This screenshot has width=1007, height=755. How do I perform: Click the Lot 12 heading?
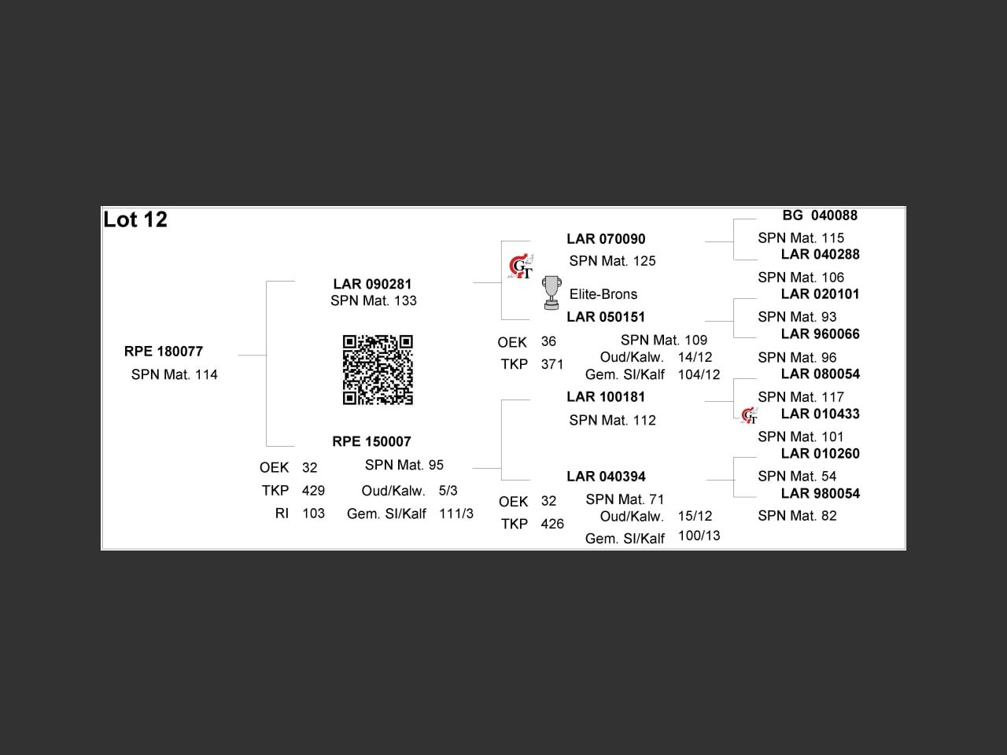point(135,219)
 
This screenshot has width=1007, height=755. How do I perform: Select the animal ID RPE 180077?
point(164,352)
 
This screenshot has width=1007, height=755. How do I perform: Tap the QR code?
point(378,370)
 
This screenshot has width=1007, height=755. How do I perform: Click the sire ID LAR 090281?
point(372,284)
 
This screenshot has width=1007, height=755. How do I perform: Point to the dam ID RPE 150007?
point(371,441)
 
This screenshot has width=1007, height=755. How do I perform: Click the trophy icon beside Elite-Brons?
point(552,293)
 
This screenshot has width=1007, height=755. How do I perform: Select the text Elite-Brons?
point(603,294)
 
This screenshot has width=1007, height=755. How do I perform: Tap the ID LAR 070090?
point(606,239)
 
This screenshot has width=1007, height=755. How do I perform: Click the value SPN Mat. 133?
point(374,300)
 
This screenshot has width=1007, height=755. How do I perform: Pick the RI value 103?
point(313,514)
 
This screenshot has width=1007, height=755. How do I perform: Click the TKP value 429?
point(313,491)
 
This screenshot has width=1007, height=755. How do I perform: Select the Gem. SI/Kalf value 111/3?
point(456,514)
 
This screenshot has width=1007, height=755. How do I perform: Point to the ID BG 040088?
point(820,215)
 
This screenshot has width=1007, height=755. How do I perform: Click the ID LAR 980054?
point(820,494)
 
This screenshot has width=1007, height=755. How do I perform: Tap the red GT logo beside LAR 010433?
point(749,415)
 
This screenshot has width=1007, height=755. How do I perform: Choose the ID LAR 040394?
point(606,477)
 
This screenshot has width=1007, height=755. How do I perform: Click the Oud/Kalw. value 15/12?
point(695,516)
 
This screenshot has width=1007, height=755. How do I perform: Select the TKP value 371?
point(552,364)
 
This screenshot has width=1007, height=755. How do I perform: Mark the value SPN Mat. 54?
point(797,476)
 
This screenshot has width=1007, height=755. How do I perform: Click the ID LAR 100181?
point(606,397)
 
